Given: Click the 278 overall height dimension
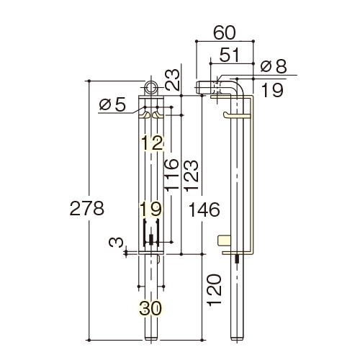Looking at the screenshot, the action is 87,208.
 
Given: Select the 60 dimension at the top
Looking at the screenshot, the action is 225,32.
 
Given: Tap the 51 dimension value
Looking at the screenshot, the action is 230,55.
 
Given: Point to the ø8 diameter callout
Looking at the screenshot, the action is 274,66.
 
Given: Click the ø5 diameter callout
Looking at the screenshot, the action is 112,104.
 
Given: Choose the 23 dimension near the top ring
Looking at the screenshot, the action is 173,80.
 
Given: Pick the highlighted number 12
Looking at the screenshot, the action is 153,143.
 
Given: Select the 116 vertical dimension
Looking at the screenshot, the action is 171,174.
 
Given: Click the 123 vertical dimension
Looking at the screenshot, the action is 192,176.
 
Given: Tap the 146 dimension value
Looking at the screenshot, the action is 204,210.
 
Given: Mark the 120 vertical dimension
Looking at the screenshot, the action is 214,290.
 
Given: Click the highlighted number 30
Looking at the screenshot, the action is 150,308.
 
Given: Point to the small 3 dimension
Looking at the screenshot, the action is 116,243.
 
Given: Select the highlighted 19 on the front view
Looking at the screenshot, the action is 151,209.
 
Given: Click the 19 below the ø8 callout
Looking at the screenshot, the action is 272,90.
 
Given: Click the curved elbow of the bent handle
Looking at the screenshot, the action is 238,86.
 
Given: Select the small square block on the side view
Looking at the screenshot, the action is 225,240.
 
